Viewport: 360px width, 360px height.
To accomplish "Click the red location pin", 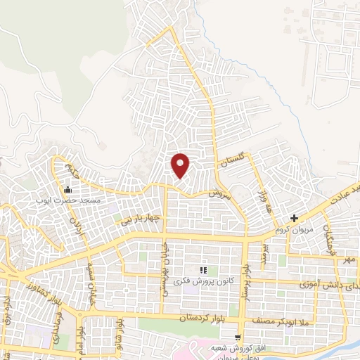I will click(x=181, y=165).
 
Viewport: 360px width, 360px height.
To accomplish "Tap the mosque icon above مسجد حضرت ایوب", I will click(x=67, y=190).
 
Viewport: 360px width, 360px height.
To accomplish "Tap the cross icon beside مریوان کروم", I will click(x=294, y=218).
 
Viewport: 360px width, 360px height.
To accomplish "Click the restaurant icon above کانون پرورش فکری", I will click(x=203, y=270).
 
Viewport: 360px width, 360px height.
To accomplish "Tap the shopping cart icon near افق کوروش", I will click(x=239, y=337).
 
